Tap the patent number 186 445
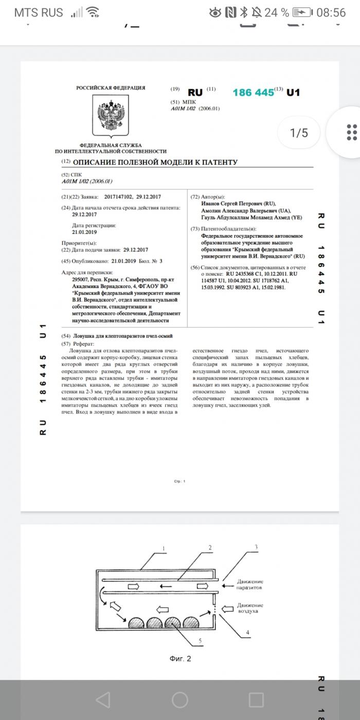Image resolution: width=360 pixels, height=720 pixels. click(253, 93)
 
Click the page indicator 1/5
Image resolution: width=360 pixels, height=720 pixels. click(299, 133)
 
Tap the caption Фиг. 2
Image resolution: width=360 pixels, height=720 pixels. click(180, 658)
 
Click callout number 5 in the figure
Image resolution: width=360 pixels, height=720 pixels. click(200, 640)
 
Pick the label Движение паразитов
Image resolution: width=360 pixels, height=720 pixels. click(250, 584)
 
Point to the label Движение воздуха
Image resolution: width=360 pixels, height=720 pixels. click(250, 608)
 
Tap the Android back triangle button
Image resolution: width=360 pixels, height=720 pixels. click(103, 699)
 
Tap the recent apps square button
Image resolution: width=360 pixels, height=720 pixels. click(256, 699)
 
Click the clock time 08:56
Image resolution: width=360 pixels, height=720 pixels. click(331, 12)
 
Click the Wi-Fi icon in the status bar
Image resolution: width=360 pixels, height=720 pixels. click(93, 12)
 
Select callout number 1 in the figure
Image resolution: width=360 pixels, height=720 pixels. click(164, 548)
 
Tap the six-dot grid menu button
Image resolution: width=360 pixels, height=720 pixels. click(351, 132)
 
